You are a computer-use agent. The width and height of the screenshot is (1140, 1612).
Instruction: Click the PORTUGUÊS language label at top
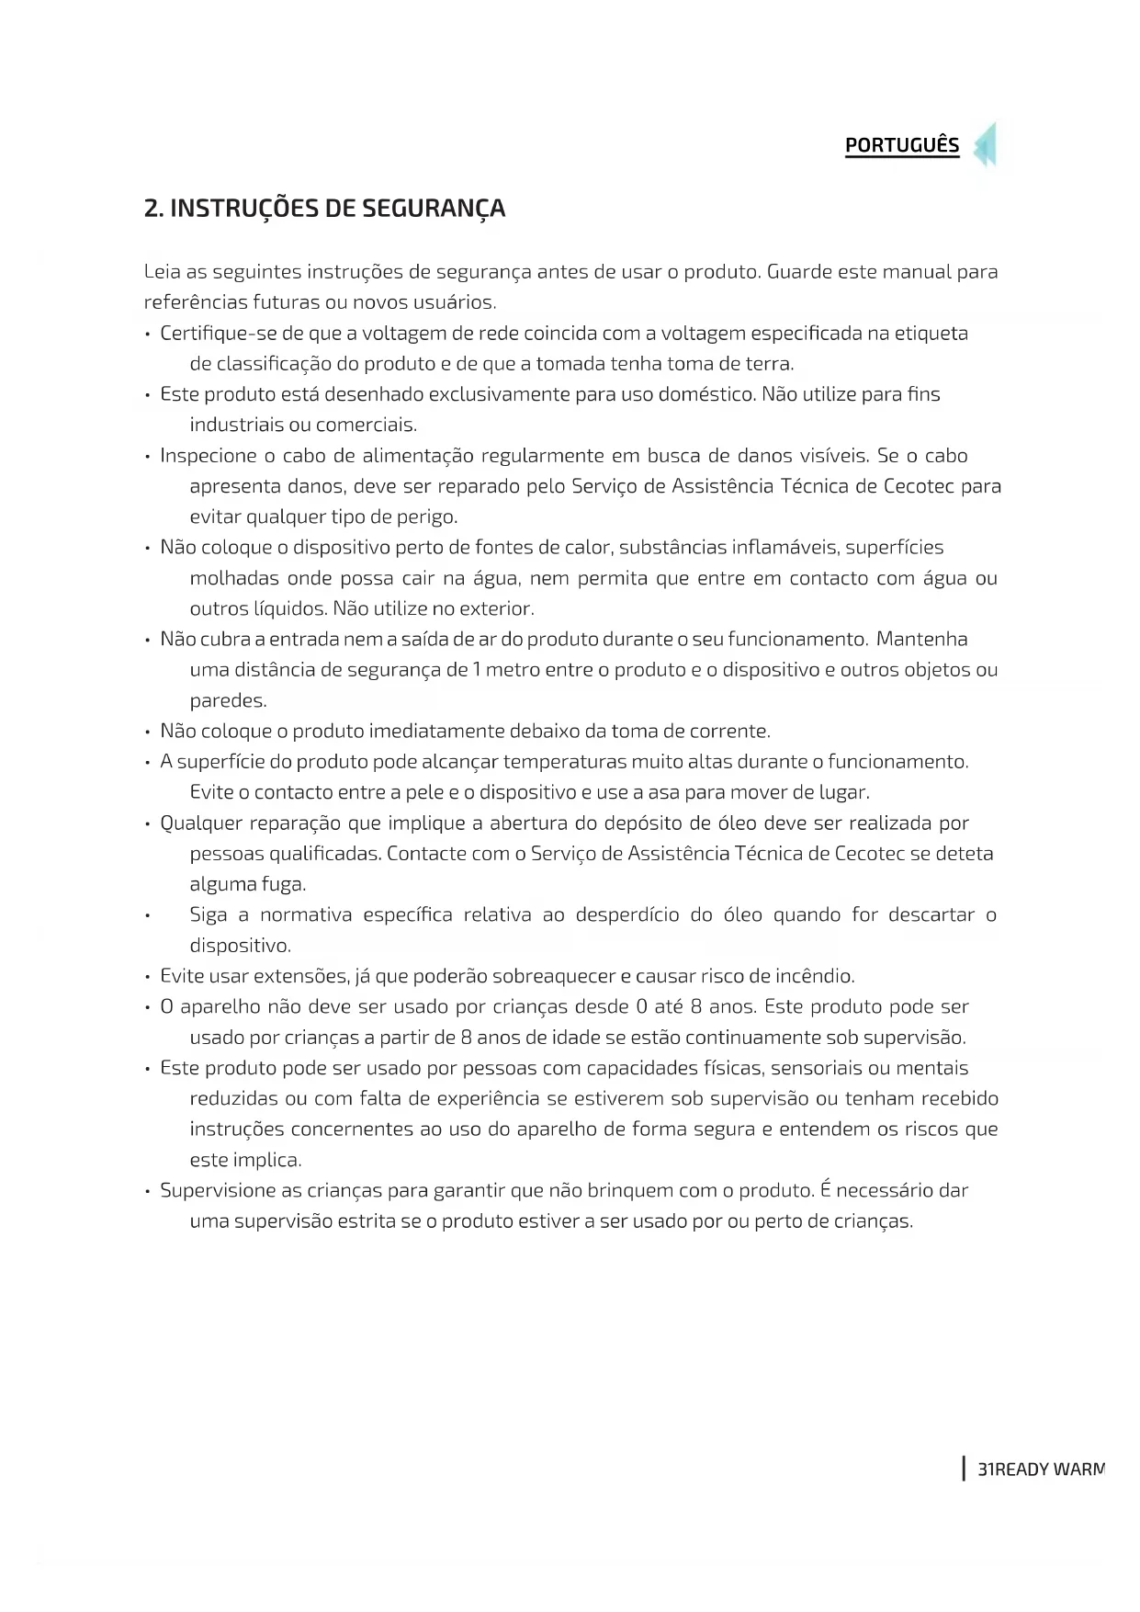(x=901, y=145)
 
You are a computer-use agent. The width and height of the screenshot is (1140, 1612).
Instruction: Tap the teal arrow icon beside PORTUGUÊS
(x=985, y=145)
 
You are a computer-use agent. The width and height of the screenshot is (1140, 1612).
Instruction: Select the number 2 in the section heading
(x=152, y=209)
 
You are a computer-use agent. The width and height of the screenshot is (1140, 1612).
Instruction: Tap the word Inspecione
(x=208, y=456)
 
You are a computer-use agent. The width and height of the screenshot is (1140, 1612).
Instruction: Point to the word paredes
(x=228, y=701)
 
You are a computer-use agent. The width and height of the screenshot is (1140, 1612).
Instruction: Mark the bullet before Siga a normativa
(x=147, y=915)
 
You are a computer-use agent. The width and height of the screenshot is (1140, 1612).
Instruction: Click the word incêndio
(x=815, y=976)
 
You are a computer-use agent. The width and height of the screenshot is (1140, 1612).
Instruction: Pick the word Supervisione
(x=218, y=1191)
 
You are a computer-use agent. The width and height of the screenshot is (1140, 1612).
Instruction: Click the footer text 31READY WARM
(x=1040, y=1470)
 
